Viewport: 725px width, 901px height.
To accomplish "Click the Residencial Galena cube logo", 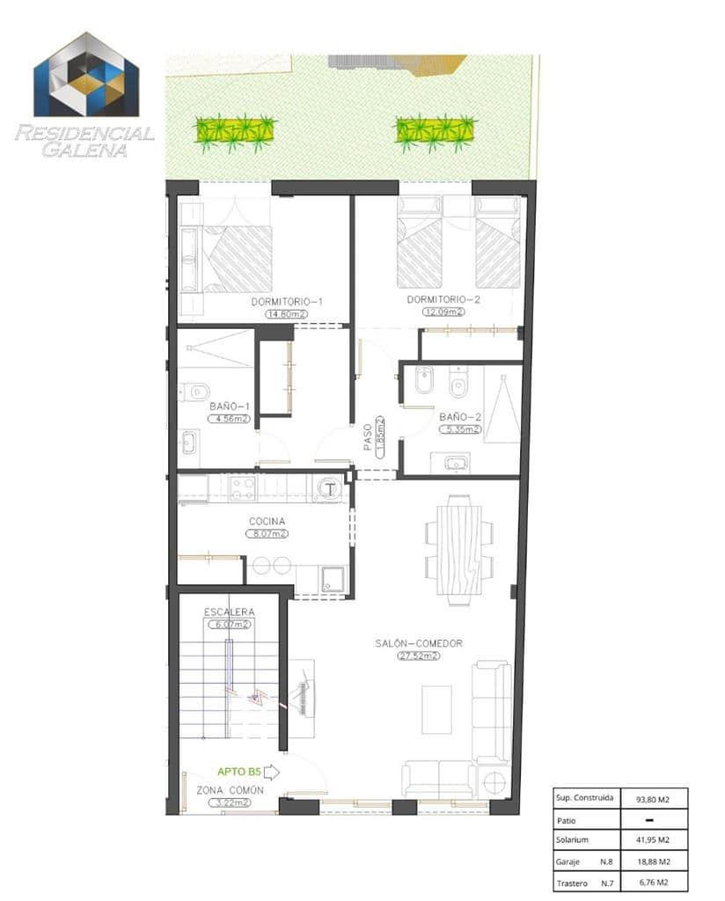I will coord(86,76).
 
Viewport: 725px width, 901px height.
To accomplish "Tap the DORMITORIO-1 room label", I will coord(286,302).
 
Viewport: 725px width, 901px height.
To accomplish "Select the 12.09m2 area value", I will coord(442,312).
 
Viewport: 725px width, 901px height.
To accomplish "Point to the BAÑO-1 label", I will coord(230,407).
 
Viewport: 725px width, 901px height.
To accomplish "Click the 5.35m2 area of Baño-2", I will coord(459,429).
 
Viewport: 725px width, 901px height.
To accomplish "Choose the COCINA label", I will coord(267,521).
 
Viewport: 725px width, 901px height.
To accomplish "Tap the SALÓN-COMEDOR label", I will coord(419,643).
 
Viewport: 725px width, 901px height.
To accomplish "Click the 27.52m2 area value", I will coord(419,656).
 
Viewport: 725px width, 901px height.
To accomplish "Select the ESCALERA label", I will coord(229,612).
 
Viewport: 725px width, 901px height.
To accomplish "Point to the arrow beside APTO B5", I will coord(271,772).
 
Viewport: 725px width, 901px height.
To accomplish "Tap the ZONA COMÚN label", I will coord(229,790).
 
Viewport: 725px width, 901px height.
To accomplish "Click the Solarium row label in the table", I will coord(572,840).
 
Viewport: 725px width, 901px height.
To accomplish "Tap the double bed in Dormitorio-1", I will coord(237,258).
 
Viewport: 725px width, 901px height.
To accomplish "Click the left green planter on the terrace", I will coord(235,131).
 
